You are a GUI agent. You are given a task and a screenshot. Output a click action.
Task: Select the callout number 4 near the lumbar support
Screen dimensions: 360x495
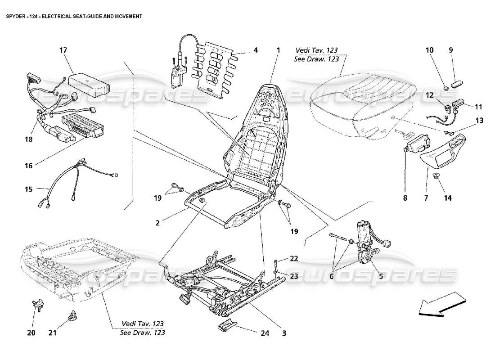[x=255, y=50]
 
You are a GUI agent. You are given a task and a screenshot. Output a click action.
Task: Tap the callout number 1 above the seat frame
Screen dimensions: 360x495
[x=278, y=50]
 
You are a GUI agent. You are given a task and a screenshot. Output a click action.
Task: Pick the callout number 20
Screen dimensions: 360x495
[x=31, y=333]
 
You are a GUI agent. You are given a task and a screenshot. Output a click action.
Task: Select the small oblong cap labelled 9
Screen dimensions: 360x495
[x=458, y=84]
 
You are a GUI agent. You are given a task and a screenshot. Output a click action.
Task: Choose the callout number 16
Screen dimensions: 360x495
[x=28, y=165]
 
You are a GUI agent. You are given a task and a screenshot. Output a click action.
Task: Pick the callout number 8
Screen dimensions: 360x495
[x=405, y=197]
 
